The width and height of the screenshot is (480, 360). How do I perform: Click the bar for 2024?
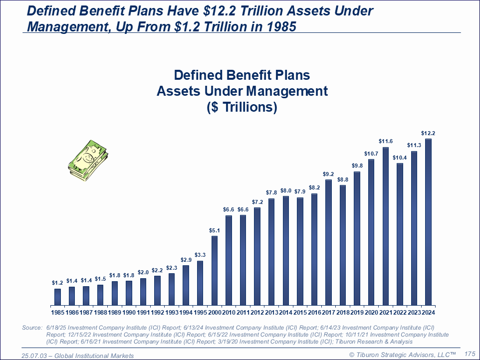click(x=428, y=222)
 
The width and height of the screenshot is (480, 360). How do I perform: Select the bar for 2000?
click(x=215, y=270)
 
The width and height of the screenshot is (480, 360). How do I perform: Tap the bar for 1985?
click(x=57, y=297)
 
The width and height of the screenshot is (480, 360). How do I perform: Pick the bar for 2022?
click(x=400, y=234)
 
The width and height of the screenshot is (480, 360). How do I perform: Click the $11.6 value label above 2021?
click(x=385, y=142)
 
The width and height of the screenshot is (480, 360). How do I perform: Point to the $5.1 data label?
click(x=215, y=231)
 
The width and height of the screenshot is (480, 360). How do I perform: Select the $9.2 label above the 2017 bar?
click(x=328, y=174)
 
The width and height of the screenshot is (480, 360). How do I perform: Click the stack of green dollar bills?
click(x=88, y=159)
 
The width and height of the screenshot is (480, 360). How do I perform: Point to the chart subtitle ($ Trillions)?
click(x=242, y=107)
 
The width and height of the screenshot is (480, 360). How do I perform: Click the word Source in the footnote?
click(x=32, y=328)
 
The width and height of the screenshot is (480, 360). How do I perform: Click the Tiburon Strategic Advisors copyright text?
click(x=402, y=355)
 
